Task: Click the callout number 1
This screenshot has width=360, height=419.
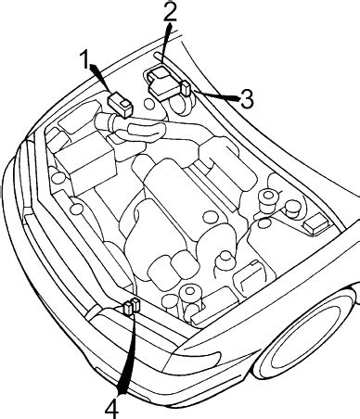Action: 85,62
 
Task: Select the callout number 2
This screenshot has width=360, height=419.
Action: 169,12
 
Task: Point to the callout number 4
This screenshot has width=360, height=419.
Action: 111,405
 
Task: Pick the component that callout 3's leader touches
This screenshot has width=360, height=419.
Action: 187,89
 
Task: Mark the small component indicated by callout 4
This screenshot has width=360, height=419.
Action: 132,306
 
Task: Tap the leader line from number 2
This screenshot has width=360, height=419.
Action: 165,42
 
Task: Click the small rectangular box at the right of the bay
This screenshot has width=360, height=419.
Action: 315,223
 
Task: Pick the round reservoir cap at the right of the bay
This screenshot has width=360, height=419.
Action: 269,199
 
